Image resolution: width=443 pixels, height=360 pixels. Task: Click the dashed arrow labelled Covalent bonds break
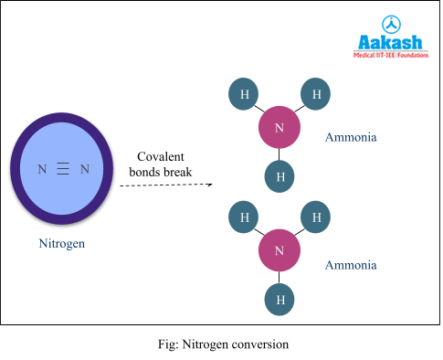point(164,185)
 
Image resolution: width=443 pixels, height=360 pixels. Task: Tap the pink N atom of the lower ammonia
point(280,249)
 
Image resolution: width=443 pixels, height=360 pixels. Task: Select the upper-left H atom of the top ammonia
point(244,94)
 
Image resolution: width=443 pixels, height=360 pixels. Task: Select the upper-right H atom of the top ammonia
point(316,94)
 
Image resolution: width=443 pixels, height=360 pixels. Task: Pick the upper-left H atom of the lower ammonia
point(244,217)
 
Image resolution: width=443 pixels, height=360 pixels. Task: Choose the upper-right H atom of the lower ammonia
point(316,217)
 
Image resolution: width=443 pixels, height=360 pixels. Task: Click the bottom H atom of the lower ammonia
point(280,298)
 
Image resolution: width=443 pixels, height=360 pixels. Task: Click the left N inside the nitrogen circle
point(42,169)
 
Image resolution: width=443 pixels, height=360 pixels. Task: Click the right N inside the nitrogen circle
point(85,169)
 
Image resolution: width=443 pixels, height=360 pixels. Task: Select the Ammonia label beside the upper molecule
point(351,138)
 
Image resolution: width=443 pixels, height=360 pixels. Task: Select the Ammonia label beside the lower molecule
point(351,265)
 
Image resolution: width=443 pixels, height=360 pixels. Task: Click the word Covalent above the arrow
point(163,156)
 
